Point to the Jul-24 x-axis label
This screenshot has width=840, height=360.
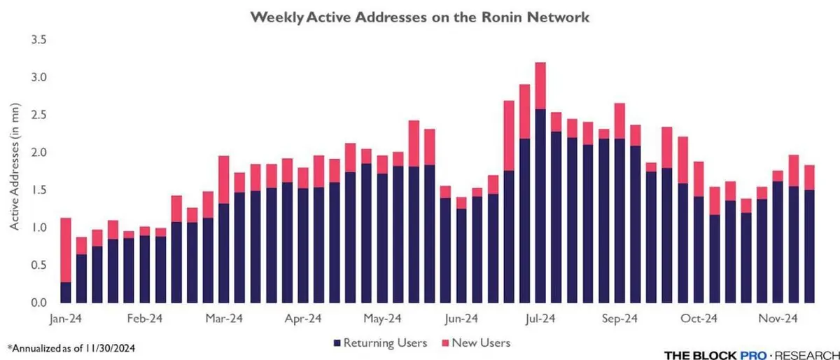point(540,318)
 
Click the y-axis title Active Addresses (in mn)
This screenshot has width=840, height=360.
point(15,172)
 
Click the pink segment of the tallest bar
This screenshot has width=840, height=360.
point(540,85)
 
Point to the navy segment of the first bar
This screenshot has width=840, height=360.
point(66,293)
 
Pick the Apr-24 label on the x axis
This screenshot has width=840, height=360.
point(302,318)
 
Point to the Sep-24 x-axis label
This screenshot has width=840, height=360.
point(619,318)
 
